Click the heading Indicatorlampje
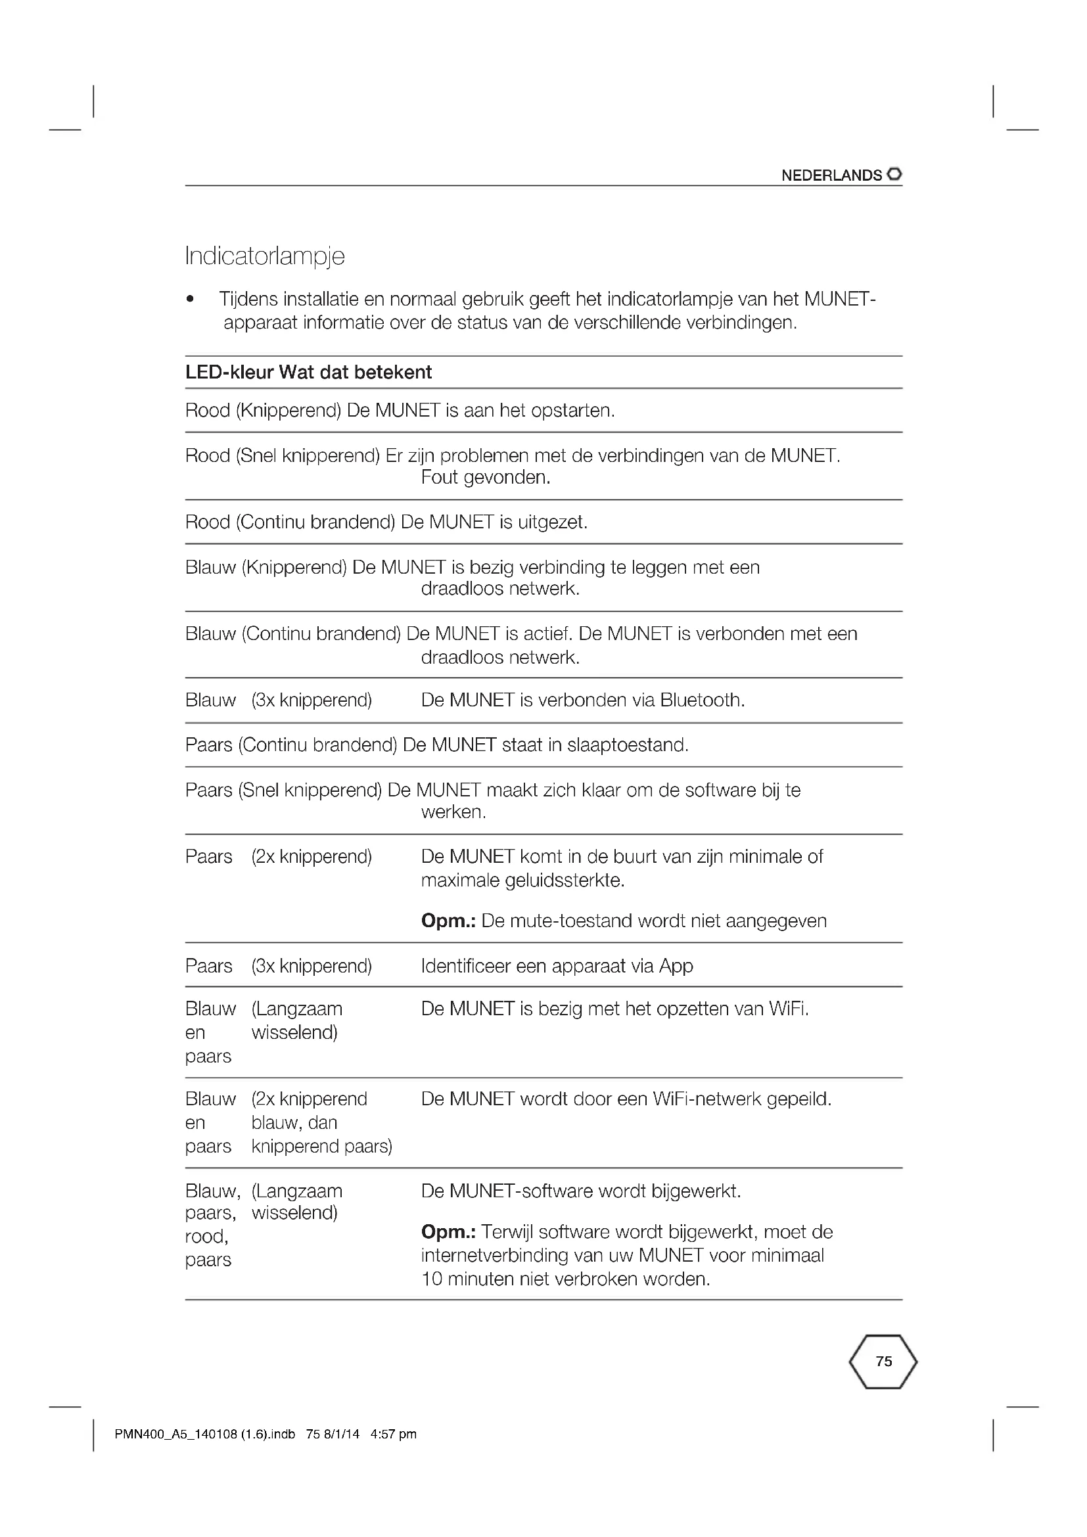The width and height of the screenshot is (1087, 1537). pos(265,256)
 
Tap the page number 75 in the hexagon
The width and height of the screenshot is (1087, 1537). pos(883,1361)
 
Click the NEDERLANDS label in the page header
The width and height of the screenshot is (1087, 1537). pos(831,175)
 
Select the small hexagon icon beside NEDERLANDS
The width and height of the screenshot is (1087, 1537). pos(894,174)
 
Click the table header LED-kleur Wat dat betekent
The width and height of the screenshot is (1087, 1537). pos(309,372)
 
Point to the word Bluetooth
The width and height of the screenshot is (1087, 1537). pos(702,700)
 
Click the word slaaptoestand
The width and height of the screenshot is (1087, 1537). pos(627,745)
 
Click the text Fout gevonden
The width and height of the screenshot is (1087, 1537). pos(485,478)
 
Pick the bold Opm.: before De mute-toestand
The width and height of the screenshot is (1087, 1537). pos(448,921)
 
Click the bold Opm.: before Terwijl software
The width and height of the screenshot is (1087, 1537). pos(448,1231)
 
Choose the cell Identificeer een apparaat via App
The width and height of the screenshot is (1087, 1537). pos(557,966)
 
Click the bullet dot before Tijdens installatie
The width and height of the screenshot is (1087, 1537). pos(191,299)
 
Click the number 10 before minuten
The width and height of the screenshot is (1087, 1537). pos(432,1279)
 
